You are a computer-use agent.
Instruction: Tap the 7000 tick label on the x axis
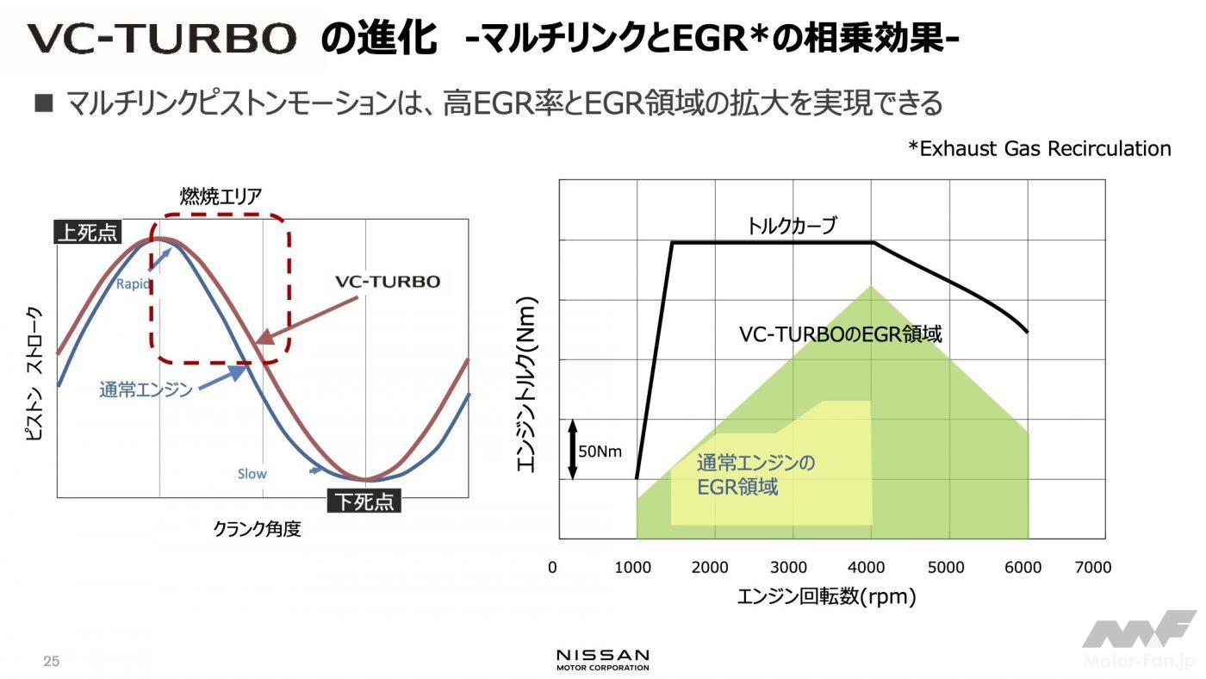pyautogui.click(x=1093, y=567)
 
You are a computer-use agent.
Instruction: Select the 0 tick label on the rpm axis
pyautogui.click(x=552, y=567)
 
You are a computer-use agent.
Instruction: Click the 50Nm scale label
pyautogui.click(x=600, y=451)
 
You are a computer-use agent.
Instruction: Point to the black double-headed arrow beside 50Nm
pyautogui.click(x=572, y=449)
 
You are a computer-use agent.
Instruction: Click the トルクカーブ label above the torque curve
pyautogui.click(x=792, y=226)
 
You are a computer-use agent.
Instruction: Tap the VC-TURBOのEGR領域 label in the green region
pyautogui.click(x=840, y=334)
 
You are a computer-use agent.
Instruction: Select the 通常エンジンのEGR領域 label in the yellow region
pyautogui.click(x=755, y=475)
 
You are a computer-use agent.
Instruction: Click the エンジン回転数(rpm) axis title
pyautogui.click(x=825, y=597)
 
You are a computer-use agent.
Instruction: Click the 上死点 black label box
pyautogui.click(x=88, y=233)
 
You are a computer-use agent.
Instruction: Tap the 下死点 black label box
pyautogui.click(x=364, y=501)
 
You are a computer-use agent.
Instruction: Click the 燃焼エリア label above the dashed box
pyautogui.click(x=221, y=196)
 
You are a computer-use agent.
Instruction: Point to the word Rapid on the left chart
pyautogui.click(x=134, y=284)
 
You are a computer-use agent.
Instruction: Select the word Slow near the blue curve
pyautogui.click(x=252, y=474)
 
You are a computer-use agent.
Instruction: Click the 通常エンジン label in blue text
pyautogui.click(x=146, y=389)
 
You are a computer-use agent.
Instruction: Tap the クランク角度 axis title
pyautogui.click(x=257, y=529)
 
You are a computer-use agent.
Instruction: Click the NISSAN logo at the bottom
pyautogui.click(x=603, y=659)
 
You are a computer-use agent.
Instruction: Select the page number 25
pyautogui.click(x=51, y=662)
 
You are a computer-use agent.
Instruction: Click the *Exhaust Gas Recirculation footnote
pyautogui.click(x=1039, y=148)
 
